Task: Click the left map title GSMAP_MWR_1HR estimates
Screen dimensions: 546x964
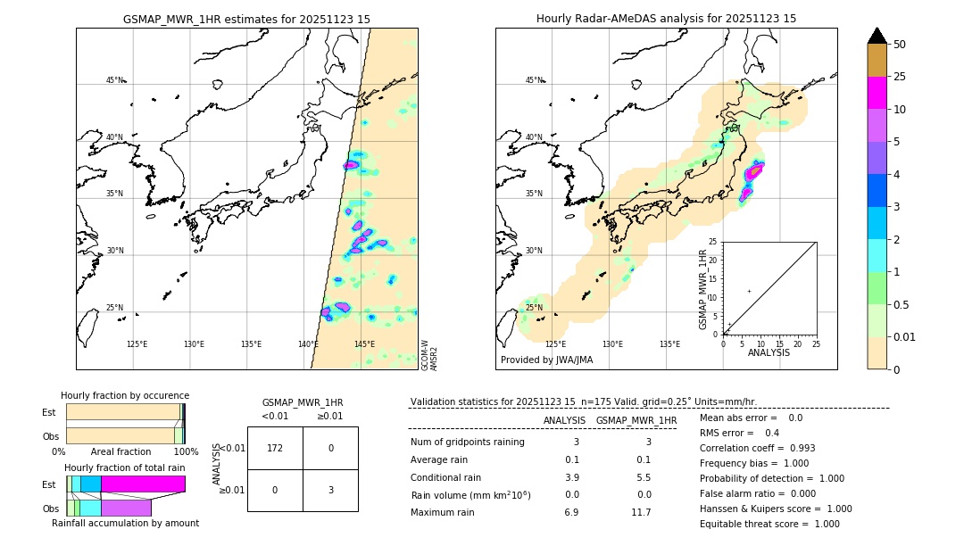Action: [246, 19]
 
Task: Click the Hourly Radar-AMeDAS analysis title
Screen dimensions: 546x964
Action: [666, 19]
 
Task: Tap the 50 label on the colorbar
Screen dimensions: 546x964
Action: [900, 45]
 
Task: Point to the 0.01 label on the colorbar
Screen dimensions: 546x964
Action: [904, 336]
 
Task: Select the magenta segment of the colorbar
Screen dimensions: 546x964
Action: [877, 93]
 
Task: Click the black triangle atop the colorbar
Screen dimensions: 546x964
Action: [877, 36]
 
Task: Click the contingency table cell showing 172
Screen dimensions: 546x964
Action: [275, 448]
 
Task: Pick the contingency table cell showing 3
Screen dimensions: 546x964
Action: [330, 490]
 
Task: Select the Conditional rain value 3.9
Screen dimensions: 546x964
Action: [572, 477]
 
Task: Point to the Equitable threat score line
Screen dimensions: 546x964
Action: [769, 524]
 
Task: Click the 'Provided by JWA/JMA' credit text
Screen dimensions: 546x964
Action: [546, 360]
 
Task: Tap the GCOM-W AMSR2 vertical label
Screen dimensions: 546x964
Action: [429, 355]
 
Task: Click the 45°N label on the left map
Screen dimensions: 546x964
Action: [115, 80]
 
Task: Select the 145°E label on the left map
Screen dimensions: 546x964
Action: [364, 343]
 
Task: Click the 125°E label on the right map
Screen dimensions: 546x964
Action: [555, 343]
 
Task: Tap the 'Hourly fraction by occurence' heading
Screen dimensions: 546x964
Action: [125, 395]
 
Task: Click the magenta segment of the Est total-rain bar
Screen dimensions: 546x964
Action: [143, 484]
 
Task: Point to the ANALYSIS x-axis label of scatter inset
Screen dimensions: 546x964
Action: [769, 352]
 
